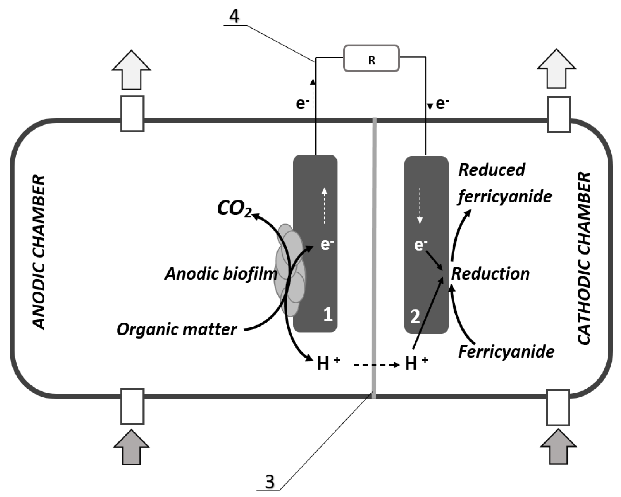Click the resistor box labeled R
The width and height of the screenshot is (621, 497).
click(x=371, y=59)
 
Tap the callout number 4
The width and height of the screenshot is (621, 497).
click(x=234, y=16)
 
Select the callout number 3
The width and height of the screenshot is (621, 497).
click(x=270, y=482)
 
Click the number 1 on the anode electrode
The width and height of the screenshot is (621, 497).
click(x=328, y=315)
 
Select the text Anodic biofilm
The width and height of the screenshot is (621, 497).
click(x=221, y=274)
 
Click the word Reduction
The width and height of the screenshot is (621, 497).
click(x=490, y=274)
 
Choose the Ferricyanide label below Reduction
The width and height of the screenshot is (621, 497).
click(x=506, y=352)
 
